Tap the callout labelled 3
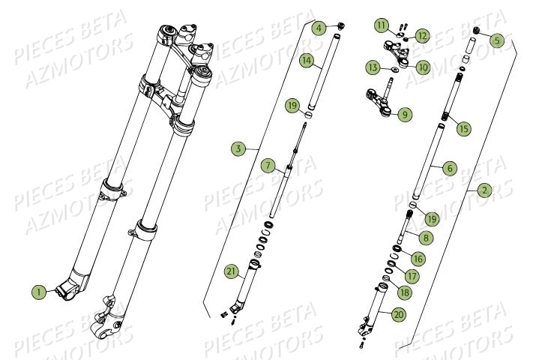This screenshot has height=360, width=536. pyautogui.click(x=238, y=149)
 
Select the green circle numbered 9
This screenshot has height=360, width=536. pyautogui.click(x=406, y=115)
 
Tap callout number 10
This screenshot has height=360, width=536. pyautogui.click(x=424, y=67)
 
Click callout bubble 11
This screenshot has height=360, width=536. pyautogui.click(x=382, y=25)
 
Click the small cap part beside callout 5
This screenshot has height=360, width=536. pyautogui.click(x=475, y=30)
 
